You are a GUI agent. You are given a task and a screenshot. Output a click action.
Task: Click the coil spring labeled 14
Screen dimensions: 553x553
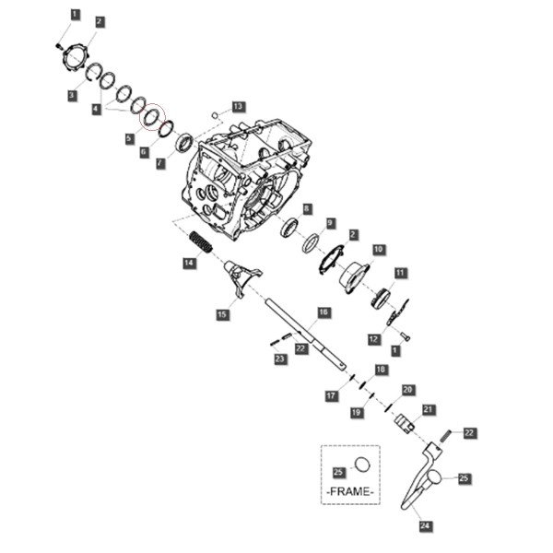coord(201,242)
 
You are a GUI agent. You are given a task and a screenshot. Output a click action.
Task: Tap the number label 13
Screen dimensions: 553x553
coord(239,107)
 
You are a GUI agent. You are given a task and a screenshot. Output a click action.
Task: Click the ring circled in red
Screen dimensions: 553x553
coord(152,117)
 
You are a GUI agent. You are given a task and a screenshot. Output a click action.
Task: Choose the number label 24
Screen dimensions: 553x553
coord(425,526)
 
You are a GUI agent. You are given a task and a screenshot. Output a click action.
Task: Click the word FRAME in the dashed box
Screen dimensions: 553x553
coord(350,491)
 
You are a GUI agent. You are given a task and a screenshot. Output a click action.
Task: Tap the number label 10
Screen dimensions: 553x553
coord(379,250)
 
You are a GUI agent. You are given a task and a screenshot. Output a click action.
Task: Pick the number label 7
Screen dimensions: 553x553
coord(160,163)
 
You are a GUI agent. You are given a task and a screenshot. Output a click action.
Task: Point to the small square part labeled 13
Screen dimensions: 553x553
coord(214,114)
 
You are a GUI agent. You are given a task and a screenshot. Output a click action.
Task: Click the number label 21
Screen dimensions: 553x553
coord(428,410)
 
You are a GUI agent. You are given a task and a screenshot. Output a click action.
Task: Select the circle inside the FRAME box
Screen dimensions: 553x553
coord(362,465)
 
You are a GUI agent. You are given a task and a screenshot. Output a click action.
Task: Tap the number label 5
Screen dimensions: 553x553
coord(129,138)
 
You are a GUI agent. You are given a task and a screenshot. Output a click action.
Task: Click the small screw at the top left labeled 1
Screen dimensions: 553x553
coord(59,45)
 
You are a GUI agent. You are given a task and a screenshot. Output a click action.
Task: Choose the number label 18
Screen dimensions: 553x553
coord(381,370)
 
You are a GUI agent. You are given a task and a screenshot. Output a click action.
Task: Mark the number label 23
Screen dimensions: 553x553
coord(279,359)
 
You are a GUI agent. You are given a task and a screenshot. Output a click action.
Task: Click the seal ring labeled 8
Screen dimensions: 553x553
coord(290,228)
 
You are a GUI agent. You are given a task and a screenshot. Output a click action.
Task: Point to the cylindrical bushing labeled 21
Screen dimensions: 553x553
coord(404,423)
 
